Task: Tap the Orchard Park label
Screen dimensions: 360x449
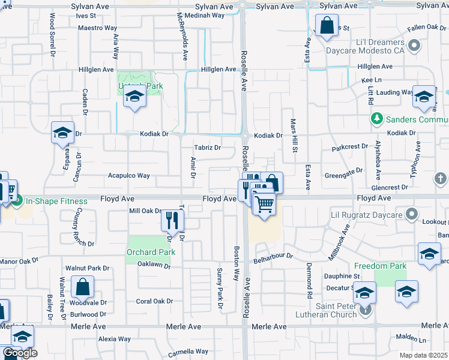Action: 151,252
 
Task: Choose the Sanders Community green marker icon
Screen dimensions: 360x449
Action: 376,119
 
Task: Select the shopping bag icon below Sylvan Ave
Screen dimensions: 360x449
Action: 327,26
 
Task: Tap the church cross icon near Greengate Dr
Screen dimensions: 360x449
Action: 440,178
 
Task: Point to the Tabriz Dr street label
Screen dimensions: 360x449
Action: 208,148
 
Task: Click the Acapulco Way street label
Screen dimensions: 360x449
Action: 128,176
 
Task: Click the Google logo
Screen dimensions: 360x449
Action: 20,353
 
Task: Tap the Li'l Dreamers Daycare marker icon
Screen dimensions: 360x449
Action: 414,45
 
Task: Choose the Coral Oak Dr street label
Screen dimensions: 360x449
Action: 154,301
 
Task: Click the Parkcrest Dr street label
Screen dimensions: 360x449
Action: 349,147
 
